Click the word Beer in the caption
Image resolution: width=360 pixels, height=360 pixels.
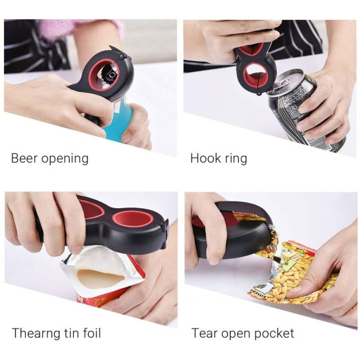(24, 158)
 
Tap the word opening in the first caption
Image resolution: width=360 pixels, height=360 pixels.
(65, 159)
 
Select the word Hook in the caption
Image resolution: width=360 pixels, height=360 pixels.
(205, 158)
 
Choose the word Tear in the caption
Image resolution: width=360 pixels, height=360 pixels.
(204, 334)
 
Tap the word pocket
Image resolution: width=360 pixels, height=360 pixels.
(274, 334)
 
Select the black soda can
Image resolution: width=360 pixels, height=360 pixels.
(305, 110)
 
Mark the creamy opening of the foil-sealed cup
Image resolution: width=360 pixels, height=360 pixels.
(101, 277)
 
